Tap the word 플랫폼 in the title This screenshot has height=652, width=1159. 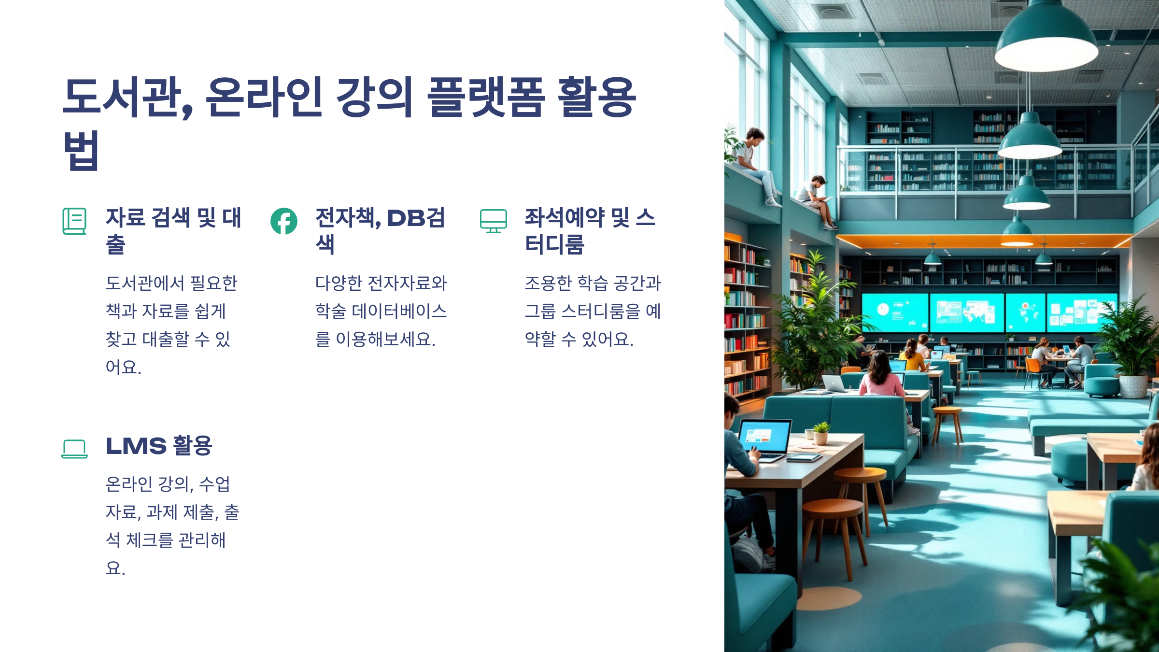[486, 98]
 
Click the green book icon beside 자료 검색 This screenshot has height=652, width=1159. [74, 221]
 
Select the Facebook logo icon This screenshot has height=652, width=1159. [284, 221]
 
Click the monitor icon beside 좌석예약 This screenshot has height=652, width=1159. [493, 221]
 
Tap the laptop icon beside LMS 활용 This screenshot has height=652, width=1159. [74, 448]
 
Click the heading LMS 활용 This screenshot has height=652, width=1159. [159, 445]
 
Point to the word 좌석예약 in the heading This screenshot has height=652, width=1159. [564, 218]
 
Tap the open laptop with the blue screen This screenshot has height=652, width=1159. [764, 437]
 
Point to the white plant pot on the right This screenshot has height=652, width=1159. [1133, 386]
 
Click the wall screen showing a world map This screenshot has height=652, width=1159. [967, 312]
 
